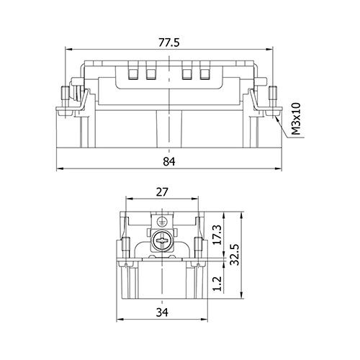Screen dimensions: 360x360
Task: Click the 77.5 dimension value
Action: click(169, 42)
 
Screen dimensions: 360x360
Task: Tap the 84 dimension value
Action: click(169, 161)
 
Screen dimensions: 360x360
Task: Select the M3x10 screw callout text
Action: click(296, 119)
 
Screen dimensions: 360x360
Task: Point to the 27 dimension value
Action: click(162, 192)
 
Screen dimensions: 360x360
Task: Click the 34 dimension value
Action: click(162, 312)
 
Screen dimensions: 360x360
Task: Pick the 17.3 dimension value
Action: click(217, 235)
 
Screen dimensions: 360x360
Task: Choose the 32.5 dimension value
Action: click(235, 255)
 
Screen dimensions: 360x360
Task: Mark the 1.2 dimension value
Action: click(217, 284)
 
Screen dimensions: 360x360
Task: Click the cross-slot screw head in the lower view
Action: click(161, 240)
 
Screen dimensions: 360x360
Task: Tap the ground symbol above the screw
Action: click(161, 221)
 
